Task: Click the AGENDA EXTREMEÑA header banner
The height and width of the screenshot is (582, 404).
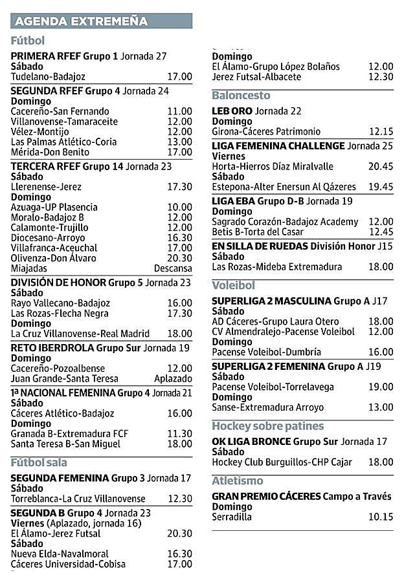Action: pyautogui.click(x=102, y=21)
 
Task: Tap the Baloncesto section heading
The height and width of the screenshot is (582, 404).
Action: pyautogui.click(x=241, y=96)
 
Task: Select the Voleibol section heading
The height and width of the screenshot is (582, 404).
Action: pyautogui.click(x=234, y=285)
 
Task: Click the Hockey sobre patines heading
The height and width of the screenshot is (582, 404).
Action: pyautogui.click(x=267, y=426)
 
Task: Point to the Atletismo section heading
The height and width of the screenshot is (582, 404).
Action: pyautogui.click(x=238, y=481)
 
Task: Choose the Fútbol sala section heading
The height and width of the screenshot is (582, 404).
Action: pyautogui.click(x=39, y=462)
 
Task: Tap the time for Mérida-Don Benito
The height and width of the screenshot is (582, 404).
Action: pyautogui.click(x=179, y=153)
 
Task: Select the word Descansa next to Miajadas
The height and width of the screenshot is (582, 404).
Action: pyautogui.click(x=173, y=268)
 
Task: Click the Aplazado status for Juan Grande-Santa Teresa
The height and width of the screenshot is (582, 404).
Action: pyautogui.click(x=173, y=379)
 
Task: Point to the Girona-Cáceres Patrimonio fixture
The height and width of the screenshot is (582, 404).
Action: pyautogui.click(x=266, y=131)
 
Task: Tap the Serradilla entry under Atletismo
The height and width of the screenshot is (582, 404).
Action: pyautogui.click(x=233, y=517)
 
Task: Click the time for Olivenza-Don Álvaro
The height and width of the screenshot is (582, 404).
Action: pyautogui.click(x=179, y=258)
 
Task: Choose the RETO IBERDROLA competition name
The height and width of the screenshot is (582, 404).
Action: pyautogui.click(x=52, y=348)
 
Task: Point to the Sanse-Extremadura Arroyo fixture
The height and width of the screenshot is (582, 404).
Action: pyautogui.click(x=267, y=407)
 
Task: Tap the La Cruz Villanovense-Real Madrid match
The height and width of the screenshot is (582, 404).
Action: pyautogui.click(x=80, y=334)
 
